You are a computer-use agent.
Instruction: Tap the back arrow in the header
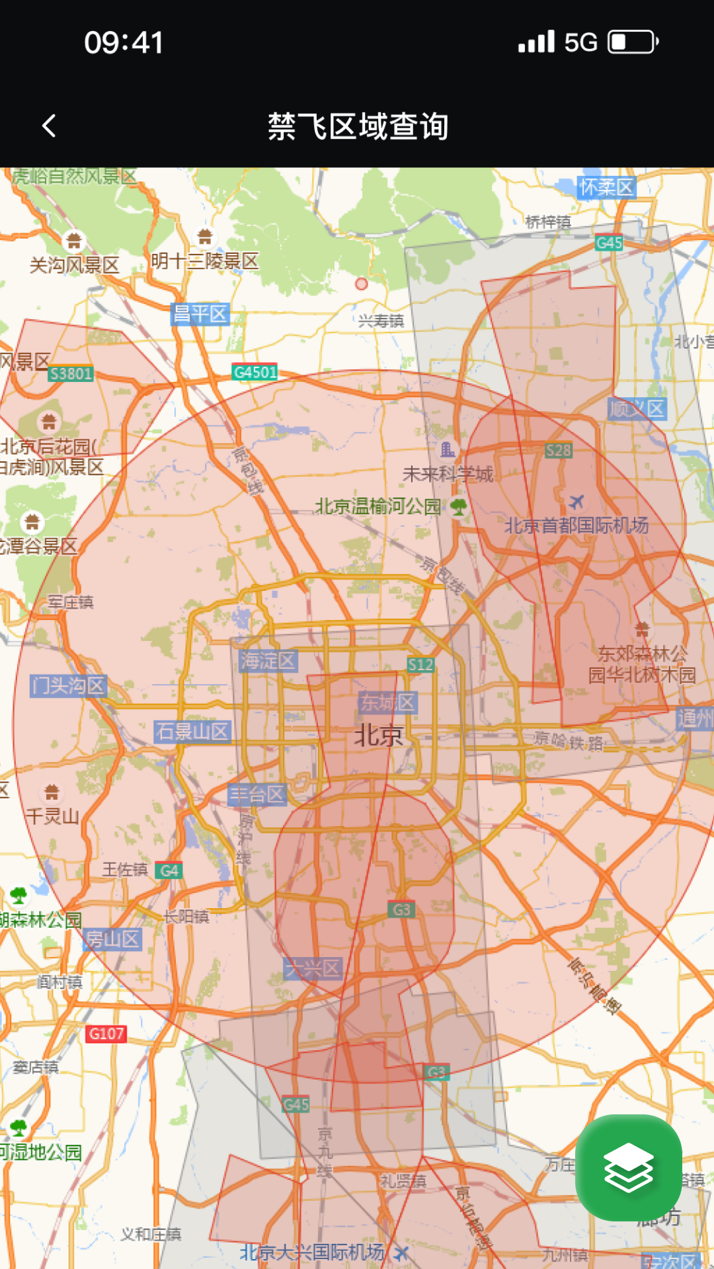49,126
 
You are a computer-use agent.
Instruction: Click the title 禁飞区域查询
358,126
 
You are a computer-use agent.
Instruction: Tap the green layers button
628,1168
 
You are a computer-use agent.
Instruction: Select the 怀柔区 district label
606,188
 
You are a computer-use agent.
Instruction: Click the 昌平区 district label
199,313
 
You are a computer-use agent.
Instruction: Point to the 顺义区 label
637,409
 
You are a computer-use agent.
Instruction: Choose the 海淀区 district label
268,660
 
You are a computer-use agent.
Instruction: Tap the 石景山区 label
192,732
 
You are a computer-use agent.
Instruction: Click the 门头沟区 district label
68,685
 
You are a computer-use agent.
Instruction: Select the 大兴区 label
313,969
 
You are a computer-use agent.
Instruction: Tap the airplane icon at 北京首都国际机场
576,502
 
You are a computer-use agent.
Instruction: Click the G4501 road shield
255,372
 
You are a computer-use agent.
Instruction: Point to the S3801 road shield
71,374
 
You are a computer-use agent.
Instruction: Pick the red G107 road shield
106,1034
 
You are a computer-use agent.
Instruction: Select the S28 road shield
558,451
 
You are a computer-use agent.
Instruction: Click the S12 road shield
420,665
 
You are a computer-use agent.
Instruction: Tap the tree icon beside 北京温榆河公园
458,507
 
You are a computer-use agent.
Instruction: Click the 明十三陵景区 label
204,261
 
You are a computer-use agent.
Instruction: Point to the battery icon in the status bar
633,42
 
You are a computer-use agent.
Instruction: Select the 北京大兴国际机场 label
311,1252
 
